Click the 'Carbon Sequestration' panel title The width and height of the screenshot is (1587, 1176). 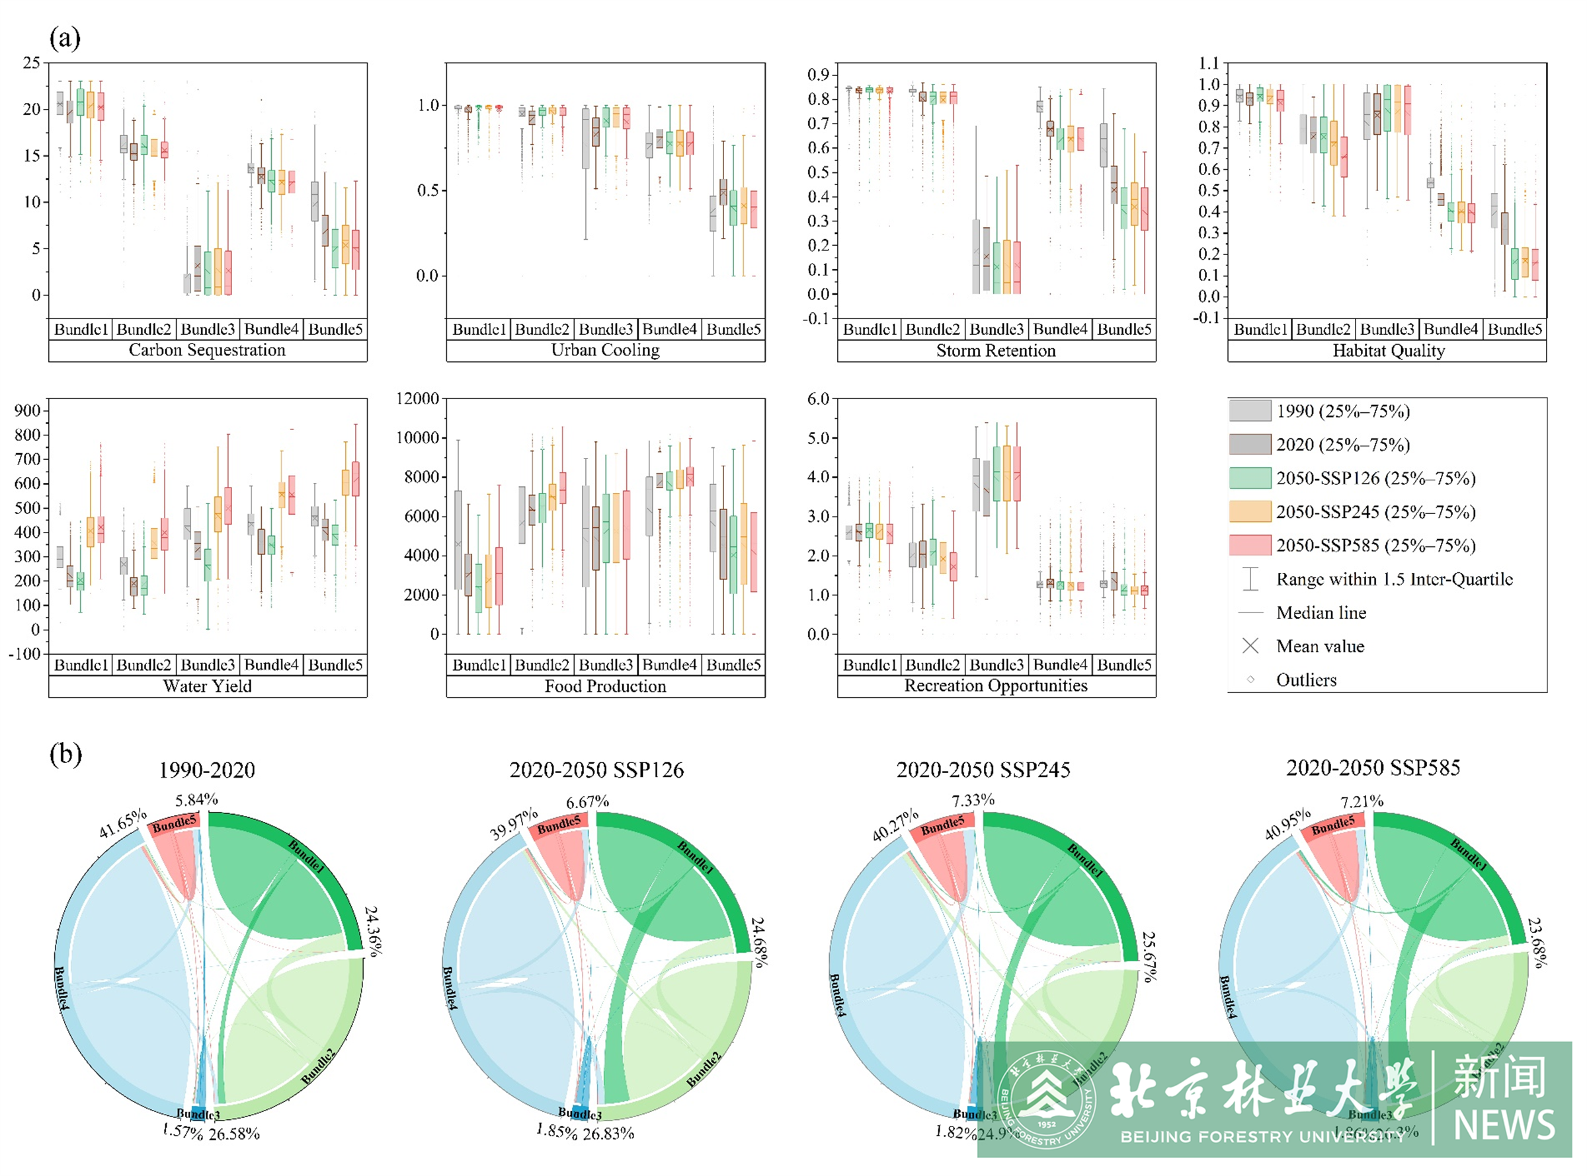tap(206, 349)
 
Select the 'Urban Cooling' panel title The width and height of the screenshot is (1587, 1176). tap(605, 349)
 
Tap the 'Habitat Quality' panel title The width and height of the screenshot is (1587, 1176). tap(1387, 350)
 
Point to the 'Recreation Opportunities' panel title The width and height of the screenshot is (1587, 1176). tap(995, 685)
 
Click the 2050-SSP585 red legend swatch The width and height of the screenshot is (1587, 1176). tap(1249, 545)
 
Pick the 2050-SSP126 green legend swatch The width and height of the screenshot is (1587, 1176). tap(1249, 478)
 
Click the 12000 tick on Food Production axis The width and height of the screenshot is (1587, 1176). tap(417, 398)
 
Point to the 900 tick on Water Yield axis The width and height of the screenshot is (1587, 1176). tap(27, 411)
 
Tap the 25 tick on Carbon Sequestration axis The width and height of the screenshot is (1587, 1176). tap(31, 63)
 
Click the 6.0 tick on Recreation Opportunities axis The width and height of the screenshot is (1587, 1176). tap(818, 398)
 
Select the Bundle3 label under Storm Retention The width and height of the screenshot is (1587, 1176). tap(996, 329)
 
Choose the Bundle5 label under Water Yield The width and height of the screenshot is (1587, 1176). tap(335, 664)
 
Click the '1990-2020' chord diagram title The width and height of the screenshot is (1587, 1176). tap(206, 770)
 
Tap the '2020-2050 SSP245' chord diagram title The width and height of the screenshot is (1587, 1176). tap(983, 770)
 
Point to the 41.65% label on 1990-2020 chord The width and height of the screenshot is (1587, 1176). tap(122, 823)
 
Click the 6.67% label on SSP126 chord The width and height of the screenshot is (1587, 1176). tap(587, 802)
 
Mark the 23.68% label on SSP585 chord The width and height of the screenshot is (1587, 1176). tap(1537, 943)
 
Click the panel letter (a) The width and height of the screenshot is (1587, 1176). tap(65, 38)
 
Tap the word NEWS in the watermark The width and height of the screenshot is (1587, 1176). tap(1504, 1124)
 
